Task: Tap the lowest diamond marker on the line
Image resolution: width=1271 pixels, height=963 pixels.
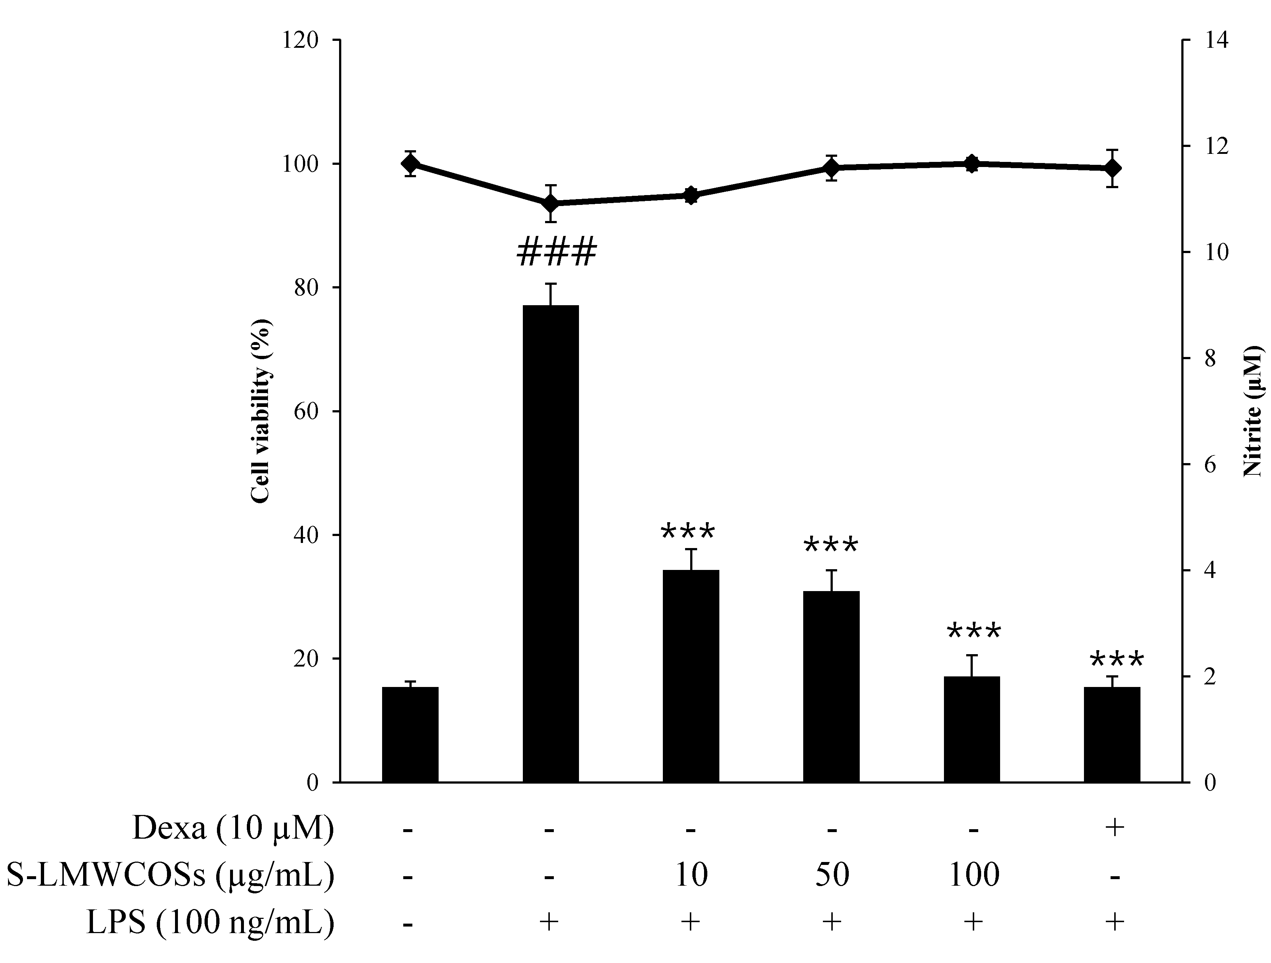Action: tap(551, 203)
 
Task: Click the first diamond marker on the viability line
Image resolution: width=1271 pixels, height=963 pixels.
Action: tap(410, 164)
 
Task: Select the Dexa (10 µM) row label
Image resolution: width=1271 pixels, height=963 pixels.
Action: tap(232, 828)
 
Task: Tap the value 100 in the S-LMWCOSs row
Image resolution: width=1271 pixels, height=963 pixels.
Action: tap(973, 875)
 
